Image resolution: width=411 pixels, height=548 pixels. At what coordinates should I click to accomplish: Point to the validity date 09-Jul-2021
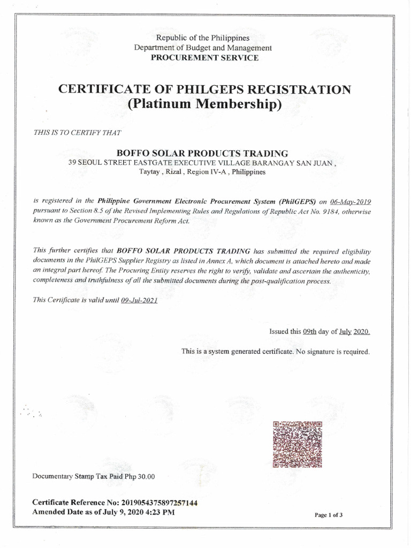point(140,301)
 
